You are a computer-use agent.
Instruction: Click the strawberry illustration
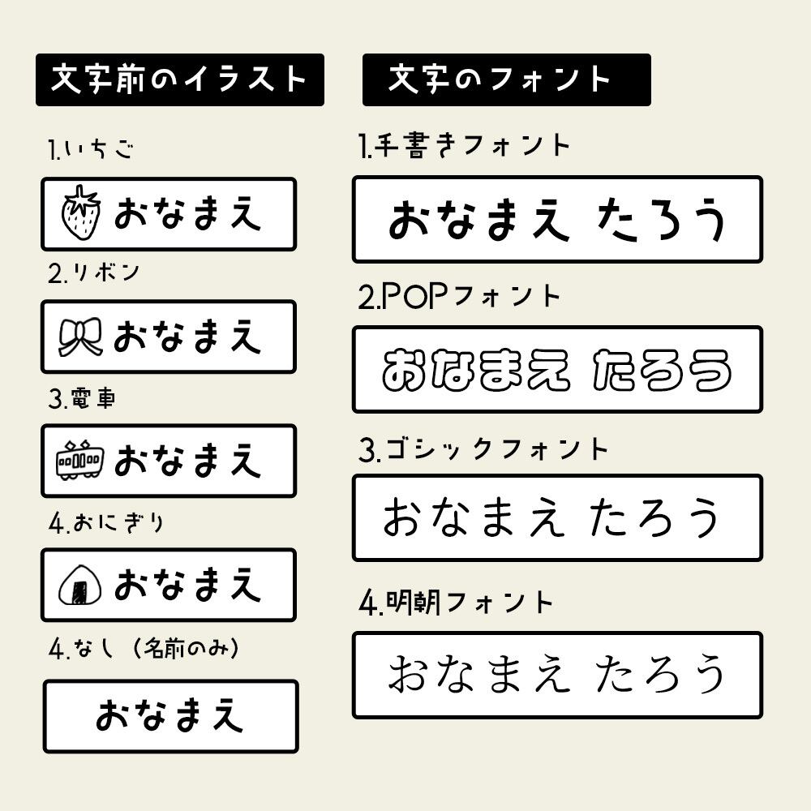pos(81,213)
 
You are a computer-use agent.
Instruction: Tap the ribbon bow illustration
pos(81,336)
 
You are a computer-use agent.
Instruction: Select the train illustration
pos(79,460)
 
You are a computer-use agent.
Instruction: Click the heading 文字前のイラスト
pos(179,79)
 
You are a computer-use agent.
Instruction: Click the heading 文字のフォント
pos(506,79)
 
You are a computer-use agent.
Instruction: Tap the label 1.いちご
pos(90,151)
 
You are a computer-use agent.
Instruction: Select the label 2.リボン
pos(93,273)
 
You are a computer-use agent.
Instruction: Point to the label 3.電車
pos(81,398)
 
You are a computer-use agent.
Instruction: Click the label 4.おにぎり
pos(105,523)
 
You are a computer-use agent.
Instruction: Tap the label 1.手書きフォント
pos(465,146)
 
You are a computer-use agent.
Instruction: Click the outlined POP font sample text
pos(556,370)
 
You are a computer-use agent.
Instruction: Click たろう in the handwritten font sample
pos(659,219)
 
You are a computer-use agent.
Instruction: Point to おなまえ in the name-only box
pos(170,716)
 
